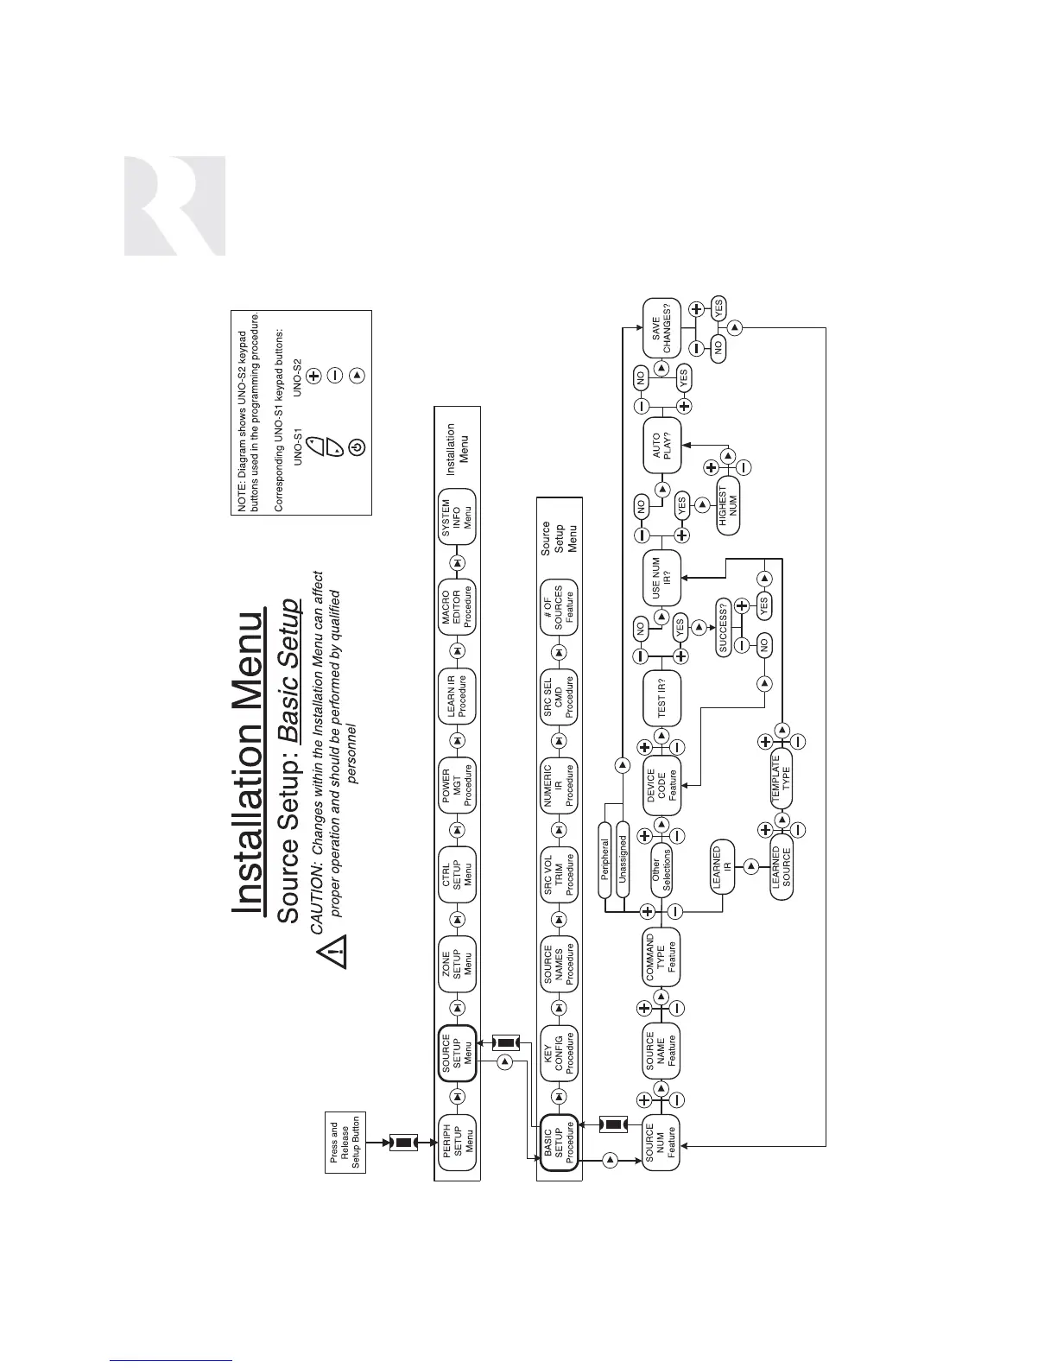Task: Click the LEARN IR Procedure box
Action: [458, 695]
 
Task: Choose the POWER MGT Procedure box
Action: [458, 785]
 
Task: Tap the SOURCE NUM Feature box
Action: [661, 1145]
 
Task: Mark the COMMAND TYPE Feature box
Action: [661, 958]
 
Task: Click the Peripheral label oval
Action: [605, 858]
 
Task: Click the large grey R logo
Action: [175, 206]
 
